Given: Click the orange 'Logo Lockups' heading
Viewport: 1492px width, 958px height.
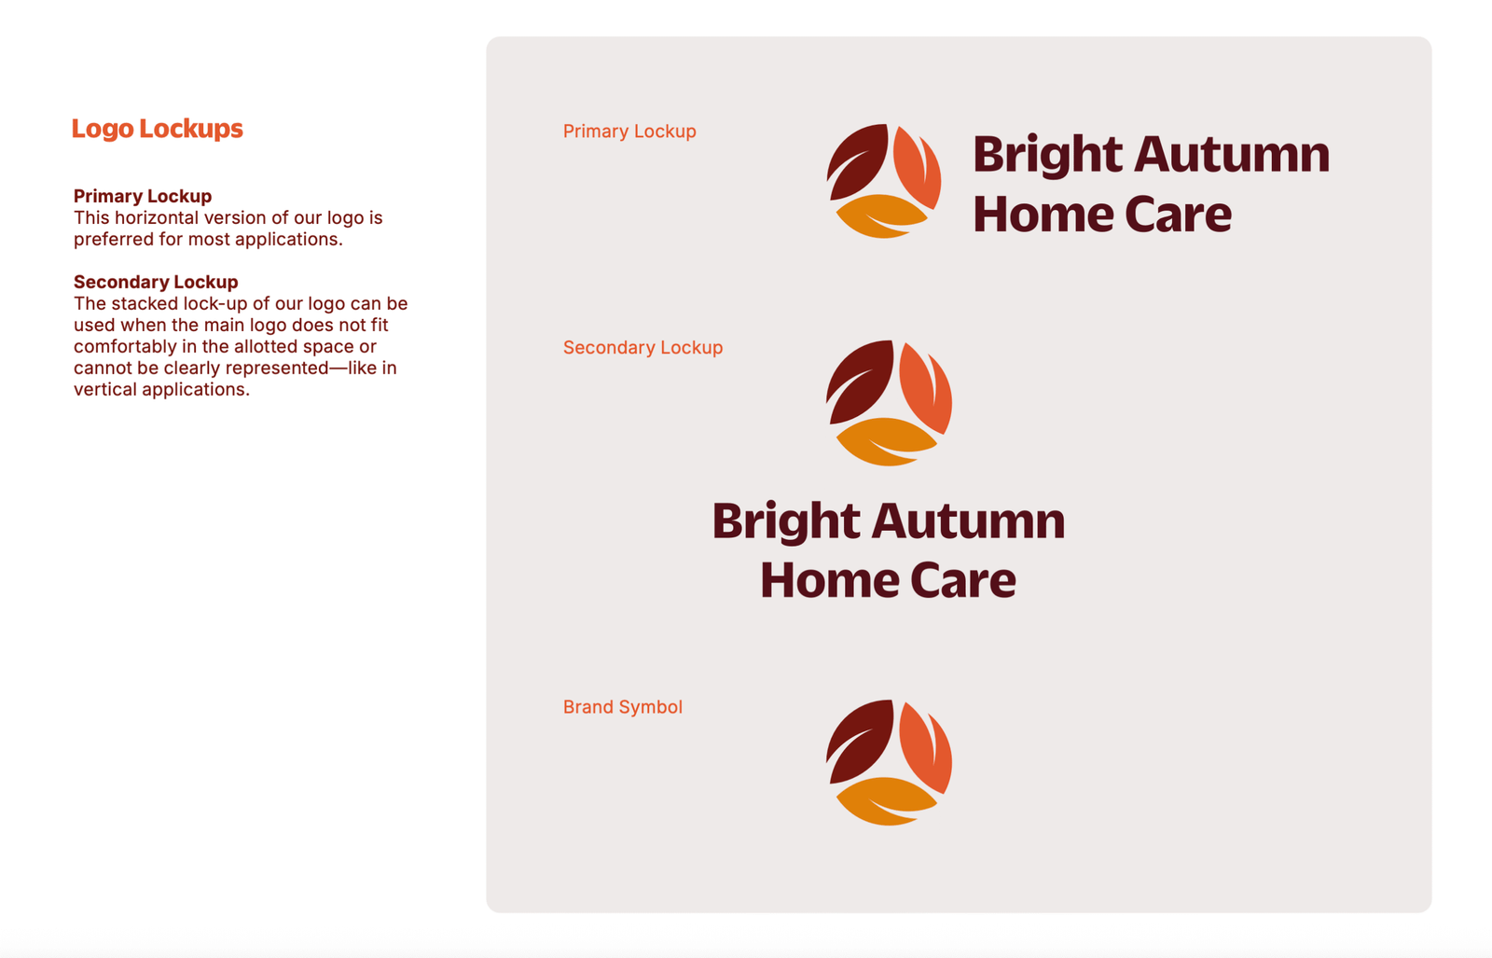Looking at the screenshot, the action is (158, 129).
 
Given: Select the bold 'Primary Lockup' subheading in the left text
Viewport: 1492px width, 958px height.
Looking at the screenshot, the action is (143, 196).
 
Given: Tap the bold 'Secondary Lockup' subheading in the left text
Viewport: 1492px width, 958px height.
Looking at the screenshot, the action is (156, 282).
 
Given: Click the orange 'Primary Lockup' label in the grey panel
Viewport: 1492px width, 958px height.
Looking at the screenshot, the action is (629, 132).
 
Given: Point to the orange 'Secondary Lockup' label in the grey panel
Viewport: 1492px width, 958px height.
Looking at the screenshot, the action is (642, 348).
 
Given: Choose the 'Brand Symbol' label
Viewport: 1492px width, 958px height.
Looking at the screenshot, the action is (623, 707).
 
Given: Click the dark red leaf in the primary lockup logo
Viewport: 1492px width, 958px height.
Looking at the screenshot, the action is (858, 160).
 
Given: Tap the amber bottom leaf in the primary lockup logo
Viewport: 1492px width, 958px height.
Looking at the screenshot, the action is (880, 215).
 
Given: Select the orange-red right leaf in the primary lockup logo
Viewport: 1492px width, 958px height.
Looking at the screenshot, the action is (918, 167).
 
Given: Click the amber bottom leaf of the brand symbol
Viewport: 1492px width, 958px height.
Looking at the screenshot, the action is (886, 800).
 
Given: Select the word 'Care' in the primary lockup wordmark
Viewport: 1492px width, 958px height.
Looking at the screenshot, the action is (1179, 215).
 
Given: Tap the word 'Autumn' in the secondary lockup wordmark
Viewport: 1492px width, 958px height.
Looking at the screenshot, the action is (969, 521).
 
